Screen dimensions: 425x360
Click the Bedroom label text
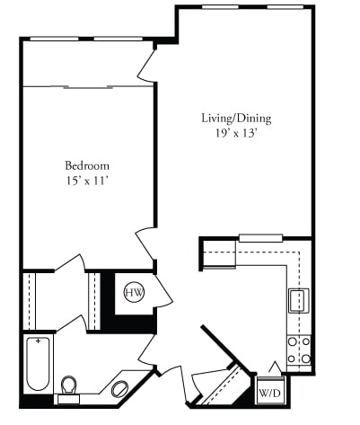pos(86,165)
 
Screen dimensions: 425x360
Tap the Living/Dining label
pos(235,118)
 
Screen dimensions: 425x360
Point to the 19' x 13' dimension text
pos(235,133)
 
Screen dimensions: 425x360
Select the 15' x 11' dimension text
pos(86,181)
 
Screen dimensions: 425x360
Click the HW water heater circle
pos(134,292)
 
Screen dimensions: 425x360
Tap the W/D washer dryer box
pos(268,393)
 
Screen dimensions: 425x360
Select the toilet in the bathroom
pos(68,385)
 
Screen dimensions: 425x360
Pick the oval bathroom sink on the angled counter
pos(119,389)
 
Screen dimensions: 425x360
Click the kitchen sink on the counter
pos(298,298)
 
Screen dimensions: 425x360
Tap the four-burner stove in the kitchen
pos(298,350)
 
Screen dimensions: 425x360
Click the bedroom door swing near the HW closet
pos(145,243)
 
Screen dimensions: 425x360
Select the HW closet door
pos(162,290)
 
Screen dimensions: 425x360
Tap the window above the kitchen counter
pos(260,238)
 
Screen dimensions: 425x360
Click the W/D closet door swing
pos(274,368)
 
